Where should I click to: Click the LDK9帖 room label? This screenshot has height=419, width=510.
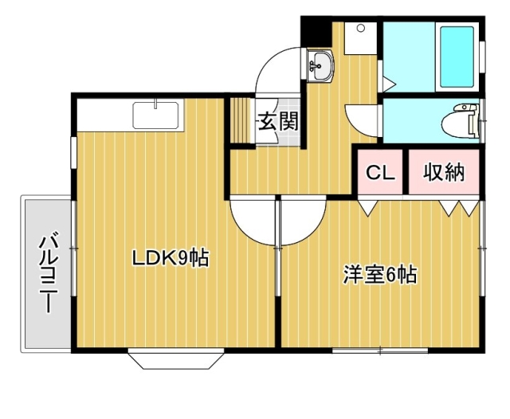pos(170,258)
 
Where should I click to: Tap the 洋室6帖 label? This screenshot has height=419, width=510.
pos(380,275)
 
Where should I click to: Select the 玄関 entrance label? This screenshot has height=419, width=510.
pos(278,122)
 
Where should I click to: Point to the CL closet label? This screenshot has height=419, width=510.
pos(380,173)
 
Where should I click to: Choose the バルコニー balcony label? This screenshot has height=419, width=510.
pos(49,272)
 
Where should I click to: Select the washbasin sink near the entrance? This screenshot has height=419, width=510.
pos(320,65)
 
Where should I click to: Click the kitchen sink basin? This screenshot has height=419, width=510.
pos(156,116)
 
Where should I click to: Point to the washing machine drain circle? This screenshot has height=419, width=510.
pos(360,28)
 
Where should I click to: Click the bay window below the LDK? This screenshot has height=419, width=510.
pos(176,358)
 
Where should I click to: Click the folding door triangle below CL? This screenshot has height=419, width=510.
pos(367,208)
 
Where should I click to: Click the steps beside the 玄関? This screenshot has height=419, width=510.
pos(242,121)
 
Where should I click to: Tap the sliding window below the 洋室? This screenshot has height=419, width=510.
pos(380,350)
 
